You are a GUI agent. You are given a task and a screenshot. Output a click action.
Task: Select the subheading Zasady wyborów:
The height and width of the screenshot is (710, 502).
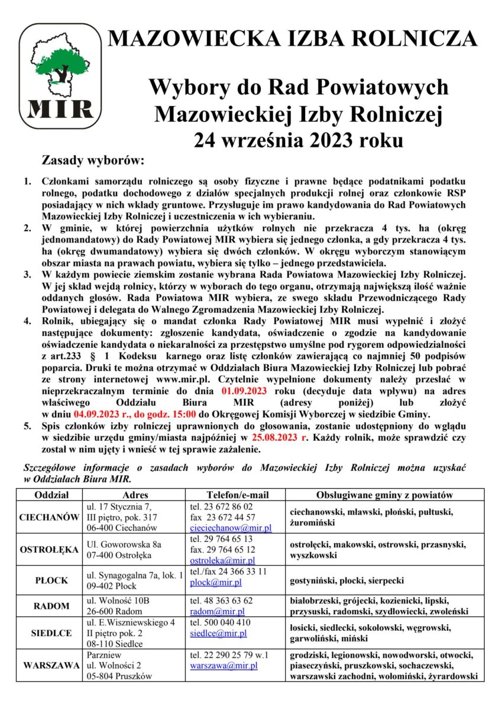coord(92,161)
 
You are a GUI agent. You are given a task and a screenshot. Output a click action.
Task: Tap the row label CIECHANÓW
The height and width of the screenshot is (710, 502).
coord(50,517)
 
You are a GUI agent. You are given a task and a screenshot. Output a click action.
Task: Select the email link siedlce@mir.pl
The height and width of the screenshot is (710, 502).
coord(218,633)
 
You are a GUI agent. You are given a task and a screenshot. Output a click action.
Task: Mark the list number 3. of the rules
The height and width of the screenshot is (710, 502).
coord(27,276)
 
